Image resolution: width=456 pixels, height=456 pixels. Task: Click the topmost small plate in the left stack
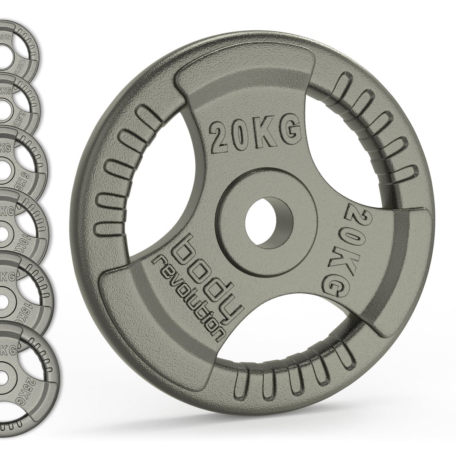(x=19, y=41)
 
